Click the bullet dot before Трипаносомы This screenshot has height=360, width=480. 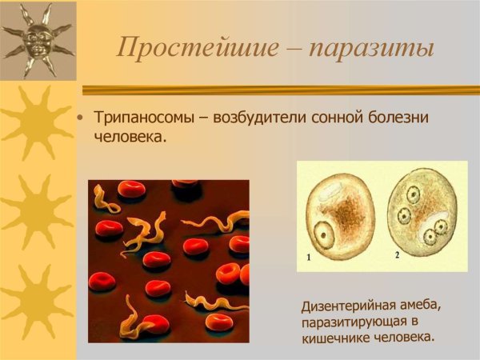[79, 118]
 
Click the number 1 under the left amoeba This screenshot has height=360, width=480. [310, 258]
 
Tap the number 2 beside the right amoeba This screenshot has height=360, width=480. [397, 254]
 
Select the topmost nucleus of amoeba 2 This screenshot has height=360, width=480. [413, 194]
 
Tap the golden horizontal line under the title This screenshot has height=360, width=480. [280, 90]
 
